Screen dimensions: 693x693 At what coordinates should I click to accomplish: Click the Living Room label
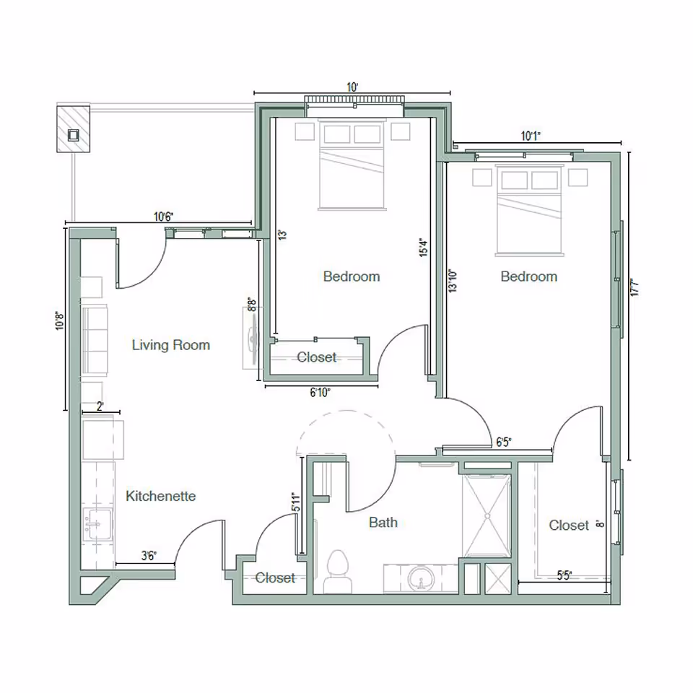[x=170, y=345]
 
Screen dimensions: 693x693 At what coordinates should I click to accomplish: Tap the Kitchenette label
[x=160, y=497]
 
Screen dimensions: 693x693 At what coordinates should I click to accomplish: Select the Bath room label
[x=383, y=522]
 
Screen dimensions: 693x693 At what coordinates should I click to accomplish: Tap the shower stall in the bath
[x=487, y=515]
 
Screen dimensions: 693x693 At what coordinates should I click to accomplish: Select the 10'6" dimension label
[x=163, y=216]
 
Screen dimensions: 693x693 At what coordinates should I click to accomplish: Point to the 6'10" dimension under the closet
[x=320, y=393]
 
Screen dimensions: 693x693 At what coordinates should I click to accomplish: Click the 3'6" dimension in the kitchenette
[x=149, y=555]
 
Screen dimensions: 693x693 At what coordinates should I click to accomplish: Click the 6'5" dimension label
[x=504, y=441]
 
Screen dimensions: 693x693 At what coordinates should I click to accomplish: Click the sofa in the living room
[x=94, y=339]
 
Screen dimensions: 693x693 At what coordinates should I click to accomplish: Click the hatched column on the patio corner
[x=74, y=128]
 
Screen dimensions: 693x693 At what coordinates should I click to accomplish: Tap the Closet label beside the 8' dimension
[x=569, y=526]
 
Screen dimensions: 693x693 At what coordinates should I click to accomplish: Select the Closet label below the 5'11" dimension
[x=275, y=578]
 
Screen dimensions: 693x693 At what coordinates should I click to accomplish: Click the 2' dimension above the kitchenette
[x=100, y=406]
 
